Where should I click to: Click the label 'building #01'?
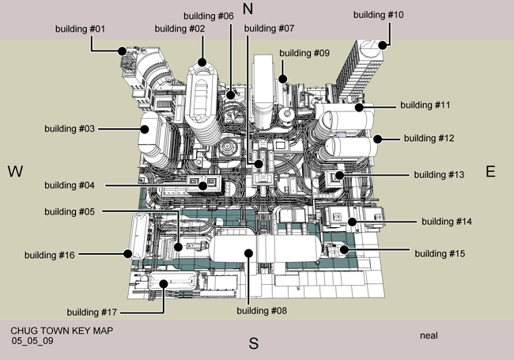81,29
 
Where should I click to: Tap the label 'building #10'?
378,15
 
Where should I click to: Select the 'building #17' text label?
93,311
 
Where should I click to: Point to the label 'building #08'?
262,311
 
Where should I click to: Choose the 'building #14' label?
447,222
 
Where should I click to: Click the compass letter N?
248,9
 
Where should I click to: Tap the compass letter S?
254,343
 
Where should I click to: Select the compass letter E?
490,172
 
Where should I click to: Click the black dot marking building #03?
146,127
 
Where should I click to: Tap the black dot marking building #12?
378,138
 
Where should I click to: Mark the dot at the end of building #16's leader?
127,254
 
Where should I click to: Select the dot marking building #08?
248,254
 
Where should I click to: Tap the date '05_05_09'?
32,340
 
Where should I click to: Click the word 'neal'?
429,335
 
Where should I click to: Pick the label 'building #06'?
208,16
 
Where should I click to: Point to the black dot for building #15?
345,251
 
